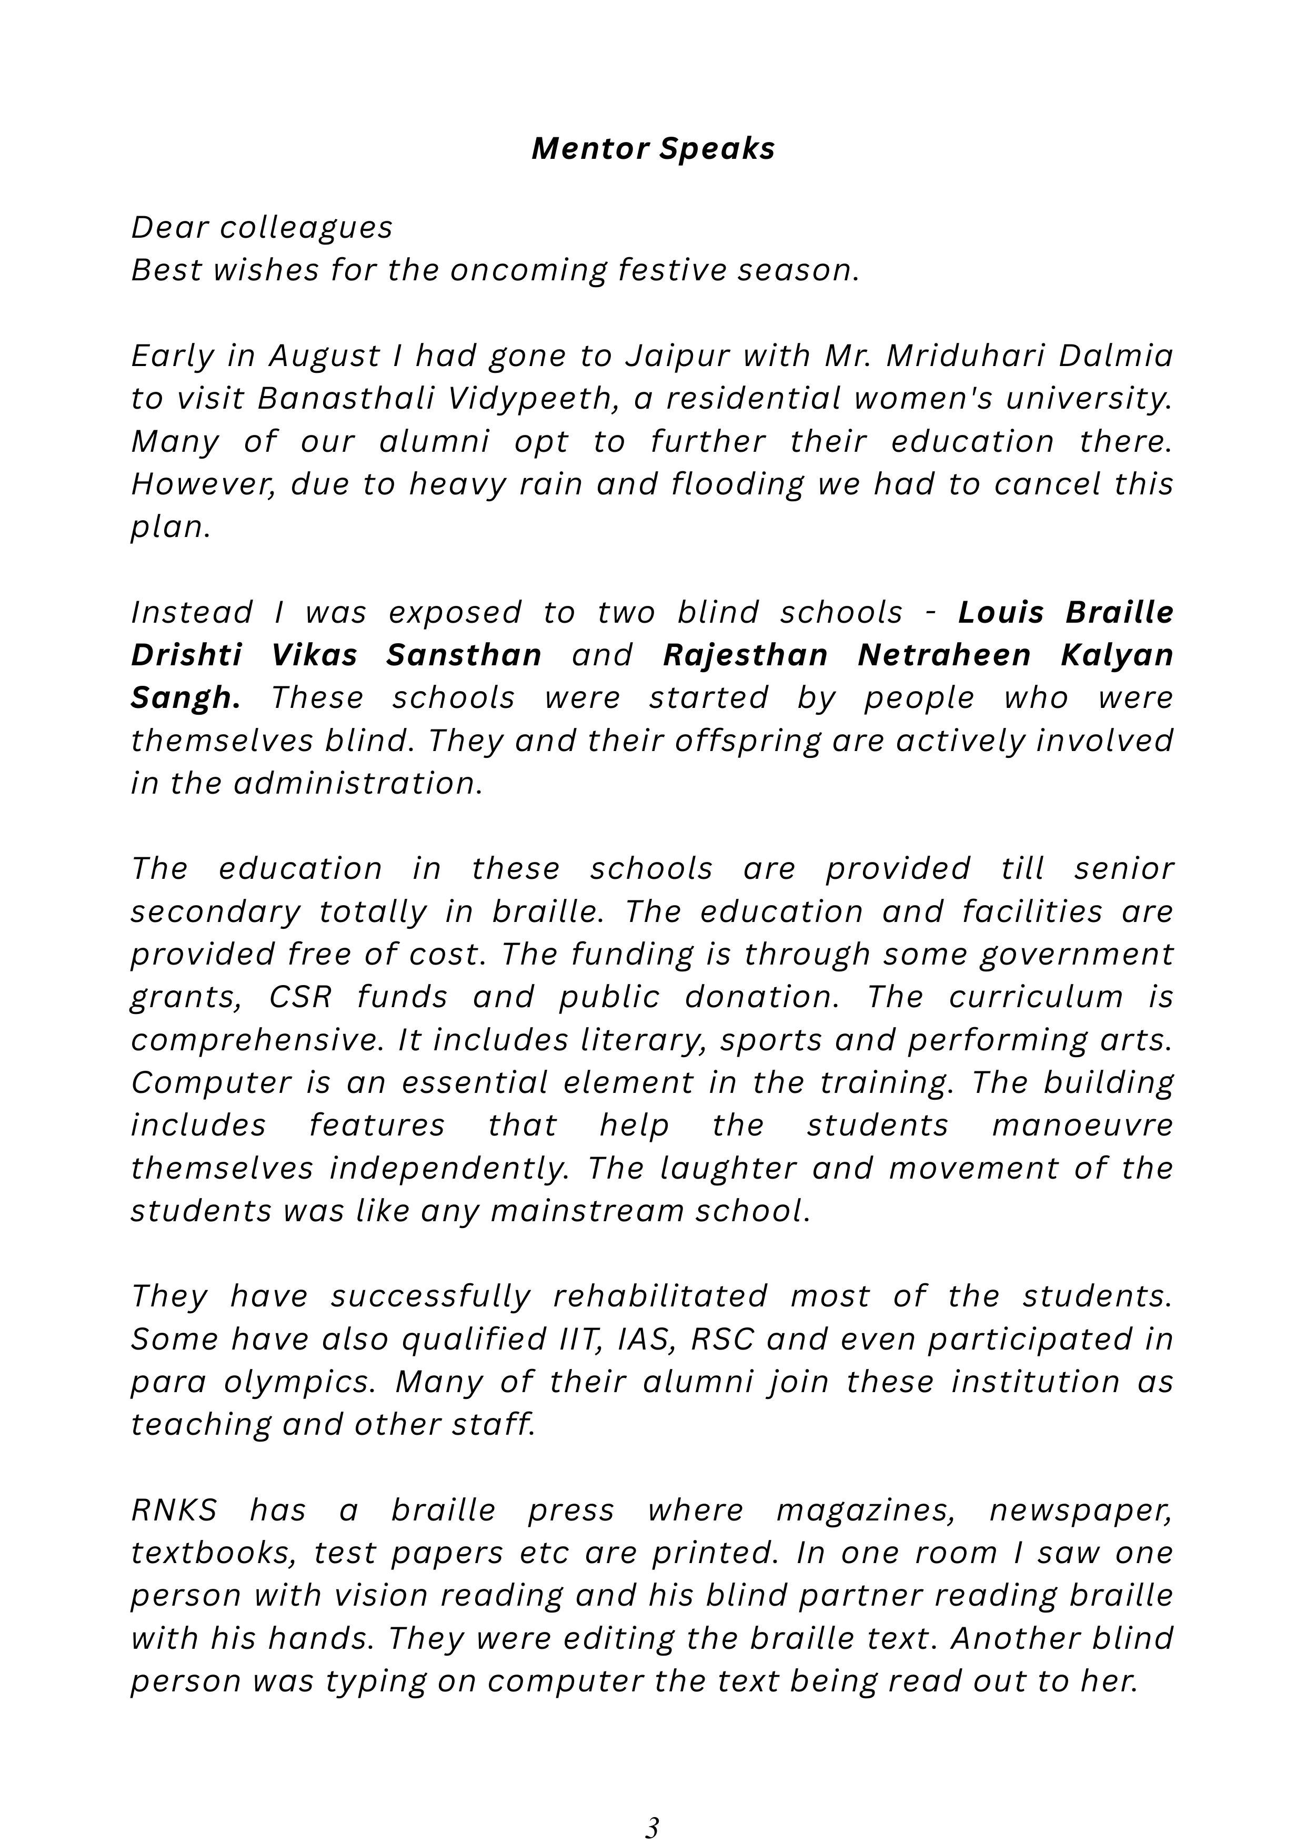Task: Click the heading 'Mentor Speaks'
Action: (653, 149)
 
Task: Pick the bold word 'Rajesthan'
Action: (745, 655)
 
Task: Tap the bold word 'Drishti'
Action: (187, 655)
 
